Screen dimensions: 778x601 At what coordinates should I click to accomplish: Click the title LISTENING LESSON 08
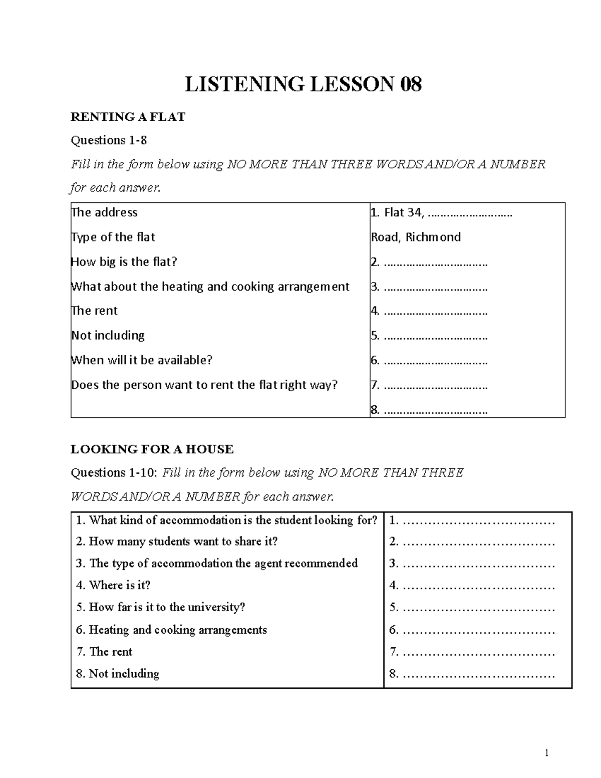pyautogui.click(x=303, y=84)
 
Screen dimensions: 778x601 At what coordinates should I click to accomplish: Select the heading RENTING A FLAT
pyautogui.click(x=128, y=117)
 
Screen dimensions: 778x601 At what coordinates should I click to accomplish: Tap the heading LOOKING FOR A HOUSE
pyautogui.click(x=152, y=449)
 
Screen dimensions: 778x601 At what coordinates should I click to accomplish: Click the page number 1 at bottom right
pyautogui.click(x=547, y=753)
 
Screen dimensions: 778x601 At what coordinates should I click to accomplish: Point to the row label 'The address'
pyautogui.click(x=105, y=212)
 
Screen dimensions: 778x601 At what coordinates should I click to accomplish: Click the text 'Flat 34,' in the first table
pyautogui.click(x=398, y=213)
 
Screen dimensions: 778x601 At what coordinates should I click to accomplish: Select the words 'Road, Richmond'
pyautogui.click(x=416, y=237)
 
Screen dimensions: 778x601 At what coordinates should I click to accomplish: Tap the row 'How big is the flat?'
pyautogui.click(x=124, y=262)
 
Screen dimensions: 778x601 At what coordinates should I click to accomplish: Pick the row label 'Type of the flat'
pyautogui.click(x=113, y=237)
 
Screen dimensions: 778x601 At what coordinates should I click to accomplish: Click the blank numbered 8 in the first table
pyautogui.click(x=435, y=411)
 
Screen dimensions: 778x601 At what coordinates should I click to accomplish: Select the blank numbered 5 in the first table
pyautogui.click(x=435, y=336)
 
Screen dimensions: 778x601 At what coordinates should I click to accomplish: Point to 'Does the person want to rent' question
pyautogui.click(x=204, y=385)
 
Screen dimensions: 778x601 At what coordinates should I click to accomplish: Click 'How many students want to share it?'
pyautogui.click(x=177, y=542)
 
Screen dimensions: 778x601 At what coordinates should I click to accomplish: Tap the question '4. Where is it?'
pyautogui.click(x=113, y=585)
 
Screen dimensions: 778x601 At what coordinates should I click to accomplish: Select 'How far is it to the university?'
pyautogui.click(x=161, y=607)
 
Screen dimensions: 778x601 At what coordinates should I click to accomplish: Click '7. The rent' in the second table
pyautogui.click(x=104, y=651)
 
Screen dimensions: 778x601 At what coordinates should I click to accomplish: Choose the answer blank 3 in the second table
pyautogui.click(x=478, y=564)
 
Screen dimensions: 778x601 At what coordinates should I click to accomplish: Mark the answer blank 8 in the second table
pyautogui.click(x=478, y=674)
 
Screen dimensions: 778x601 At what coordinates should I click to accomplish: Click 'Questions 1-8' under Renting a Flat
pyautogui.click(x=109, y=140)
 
